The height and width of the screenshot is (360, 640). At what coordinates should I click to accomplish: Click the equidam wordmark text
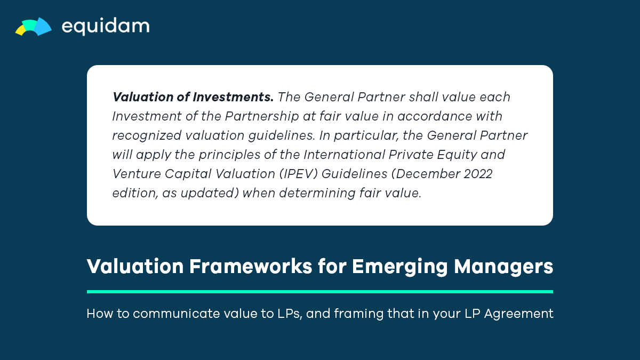point(106,26)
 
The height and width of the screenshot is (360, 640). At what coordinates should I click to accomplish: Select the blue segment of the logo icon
point(43,26)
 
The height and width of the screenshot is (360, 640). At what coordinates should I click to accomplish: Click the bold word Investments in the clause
point(233,97)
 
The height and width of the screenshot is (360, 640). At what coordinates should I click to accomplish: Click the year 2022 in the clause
point(478,174)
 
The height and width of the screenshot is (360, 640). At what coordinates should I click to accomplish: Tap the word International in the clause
point(344,155)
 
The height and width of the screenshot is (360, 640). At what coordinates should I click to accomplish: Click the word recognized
point(147,136)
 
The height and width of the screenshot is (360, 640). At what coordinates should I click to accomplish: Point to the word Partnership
point(262,117)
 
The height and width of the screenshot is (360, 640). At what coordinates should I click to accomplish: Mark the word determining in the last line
point(317,194)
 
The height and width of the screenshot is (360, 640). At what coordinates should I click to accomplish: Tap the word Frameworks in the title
point(251,266)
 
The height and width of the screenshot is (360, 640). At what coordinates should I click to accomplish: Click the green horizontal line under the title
point(320,292)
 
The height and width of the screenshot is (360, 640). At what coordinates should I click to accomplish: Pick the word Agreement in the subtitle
point(518,314)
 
